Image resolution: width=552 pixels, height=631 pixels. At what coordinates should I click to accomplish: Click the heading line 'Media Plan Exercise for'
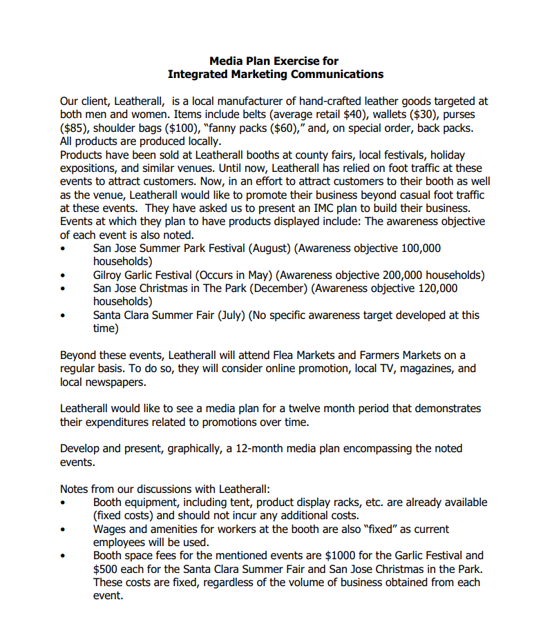274,61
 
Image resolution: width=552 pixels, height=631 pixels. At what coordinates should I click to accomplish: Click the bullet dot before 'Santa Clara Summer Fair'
64,315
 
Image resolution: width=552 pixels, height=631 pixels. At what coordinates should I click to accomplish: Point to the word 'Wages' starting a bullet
110,529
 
